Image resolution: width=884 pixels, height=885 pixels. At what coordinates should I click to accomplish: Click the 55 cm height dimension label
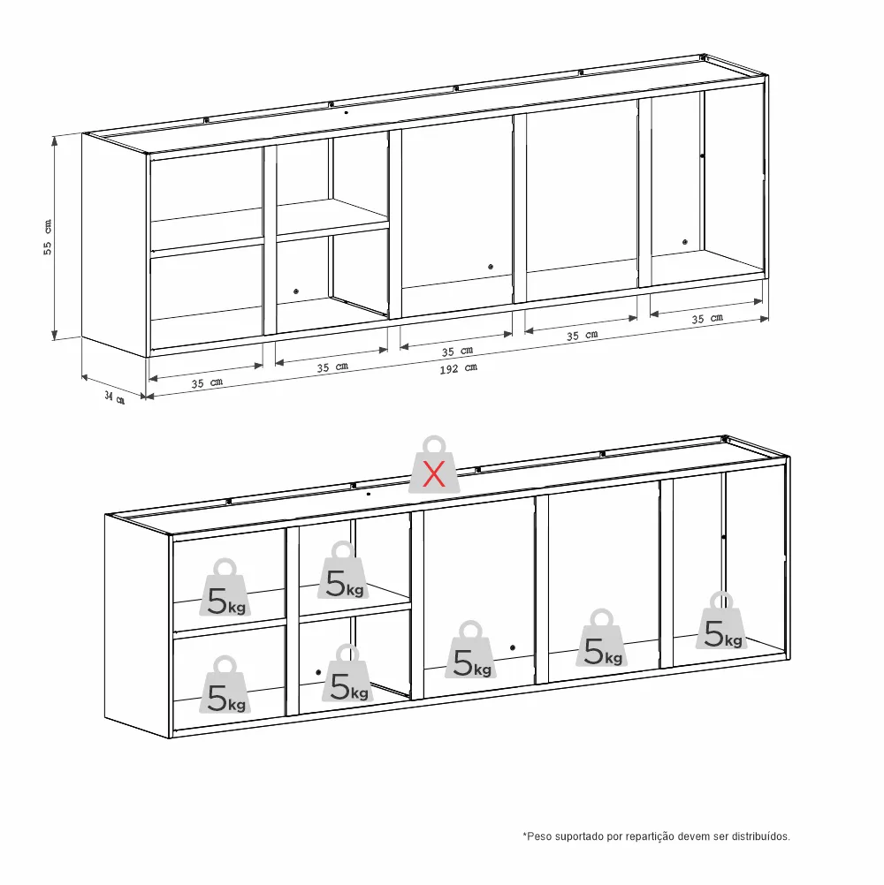[48, 238]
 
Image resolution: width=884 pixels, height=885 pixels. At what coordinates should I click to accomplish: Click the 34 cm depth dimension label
[115, 398]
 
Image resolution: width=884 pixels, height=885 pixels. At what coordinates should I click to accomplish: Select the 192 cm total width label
[459, 368]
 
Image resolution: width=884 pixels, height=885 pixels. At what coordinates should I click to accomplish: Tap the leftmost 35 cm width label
[207, 383]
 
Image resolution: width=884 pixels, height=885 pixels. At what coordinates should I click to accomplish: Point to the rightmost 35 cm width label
[707, 318]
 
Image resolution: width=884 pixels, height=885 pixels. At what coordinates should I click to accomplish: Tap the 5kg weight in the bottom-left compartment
[225, 685]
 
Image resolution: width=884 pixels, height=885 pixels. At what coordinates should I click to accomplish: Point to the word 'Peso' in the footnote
[539, 836]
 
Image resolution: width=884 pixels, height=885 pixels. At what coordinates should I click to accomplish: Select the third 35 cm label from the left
[457, 351]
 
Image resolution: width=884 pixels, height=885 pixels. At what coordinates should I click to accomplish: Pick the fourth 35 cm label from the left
[582, 336]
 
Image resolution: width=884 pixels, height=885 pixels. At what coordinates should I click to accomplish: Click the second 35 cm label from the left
[332, 367]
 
